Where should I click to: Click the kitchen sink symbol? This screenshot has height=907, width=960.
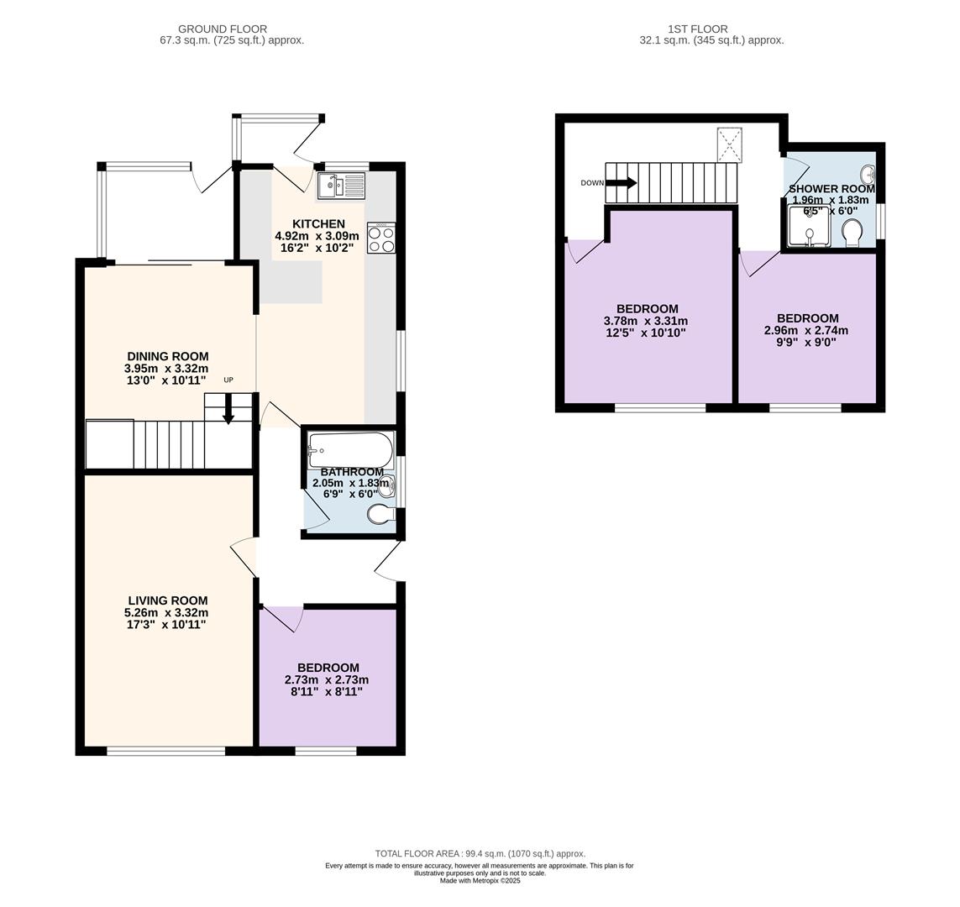(341, 186)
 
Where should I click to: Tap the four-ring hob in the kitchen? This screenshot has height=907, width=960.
(380, 238)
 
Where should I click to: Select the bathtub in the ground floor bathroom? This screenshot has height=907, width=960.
(351, 450)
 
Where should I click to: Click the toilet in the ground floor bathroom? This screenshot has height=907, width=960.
(380, 514)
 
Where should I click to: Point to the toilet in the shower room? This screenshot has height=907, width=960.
(852, 233)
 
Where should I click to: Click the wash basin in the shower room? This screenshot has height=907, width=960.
(868, 174)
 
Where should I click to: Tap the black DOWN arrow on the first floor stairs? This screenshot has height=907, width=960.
(622, 183)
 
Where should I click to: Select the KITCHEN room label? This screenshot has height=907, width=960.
(318, 224)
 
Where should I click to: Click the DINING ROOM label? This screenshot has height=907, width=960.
(168, 356)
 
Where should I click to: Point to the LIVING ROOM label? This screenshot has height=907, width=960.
(168, 600)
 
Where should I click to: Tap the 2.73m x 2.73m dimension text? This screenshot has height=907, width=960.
(327, 680)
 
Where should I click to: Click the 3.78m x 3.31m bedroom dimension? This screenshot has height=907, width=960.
(646, 321)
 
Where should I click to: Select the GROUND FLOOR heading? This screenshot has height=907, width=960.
(223, 29)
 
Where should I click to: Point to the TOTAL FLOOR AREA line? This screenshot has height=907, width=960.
(480, 853)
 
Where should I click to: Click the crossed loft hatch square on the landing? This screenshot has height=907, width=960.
(729, 144)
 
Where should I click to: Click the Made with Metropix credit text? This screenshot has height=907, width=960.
(480, 881)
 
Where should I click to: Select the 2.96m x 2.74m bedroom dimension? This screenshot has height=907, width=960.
(806, 331)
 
